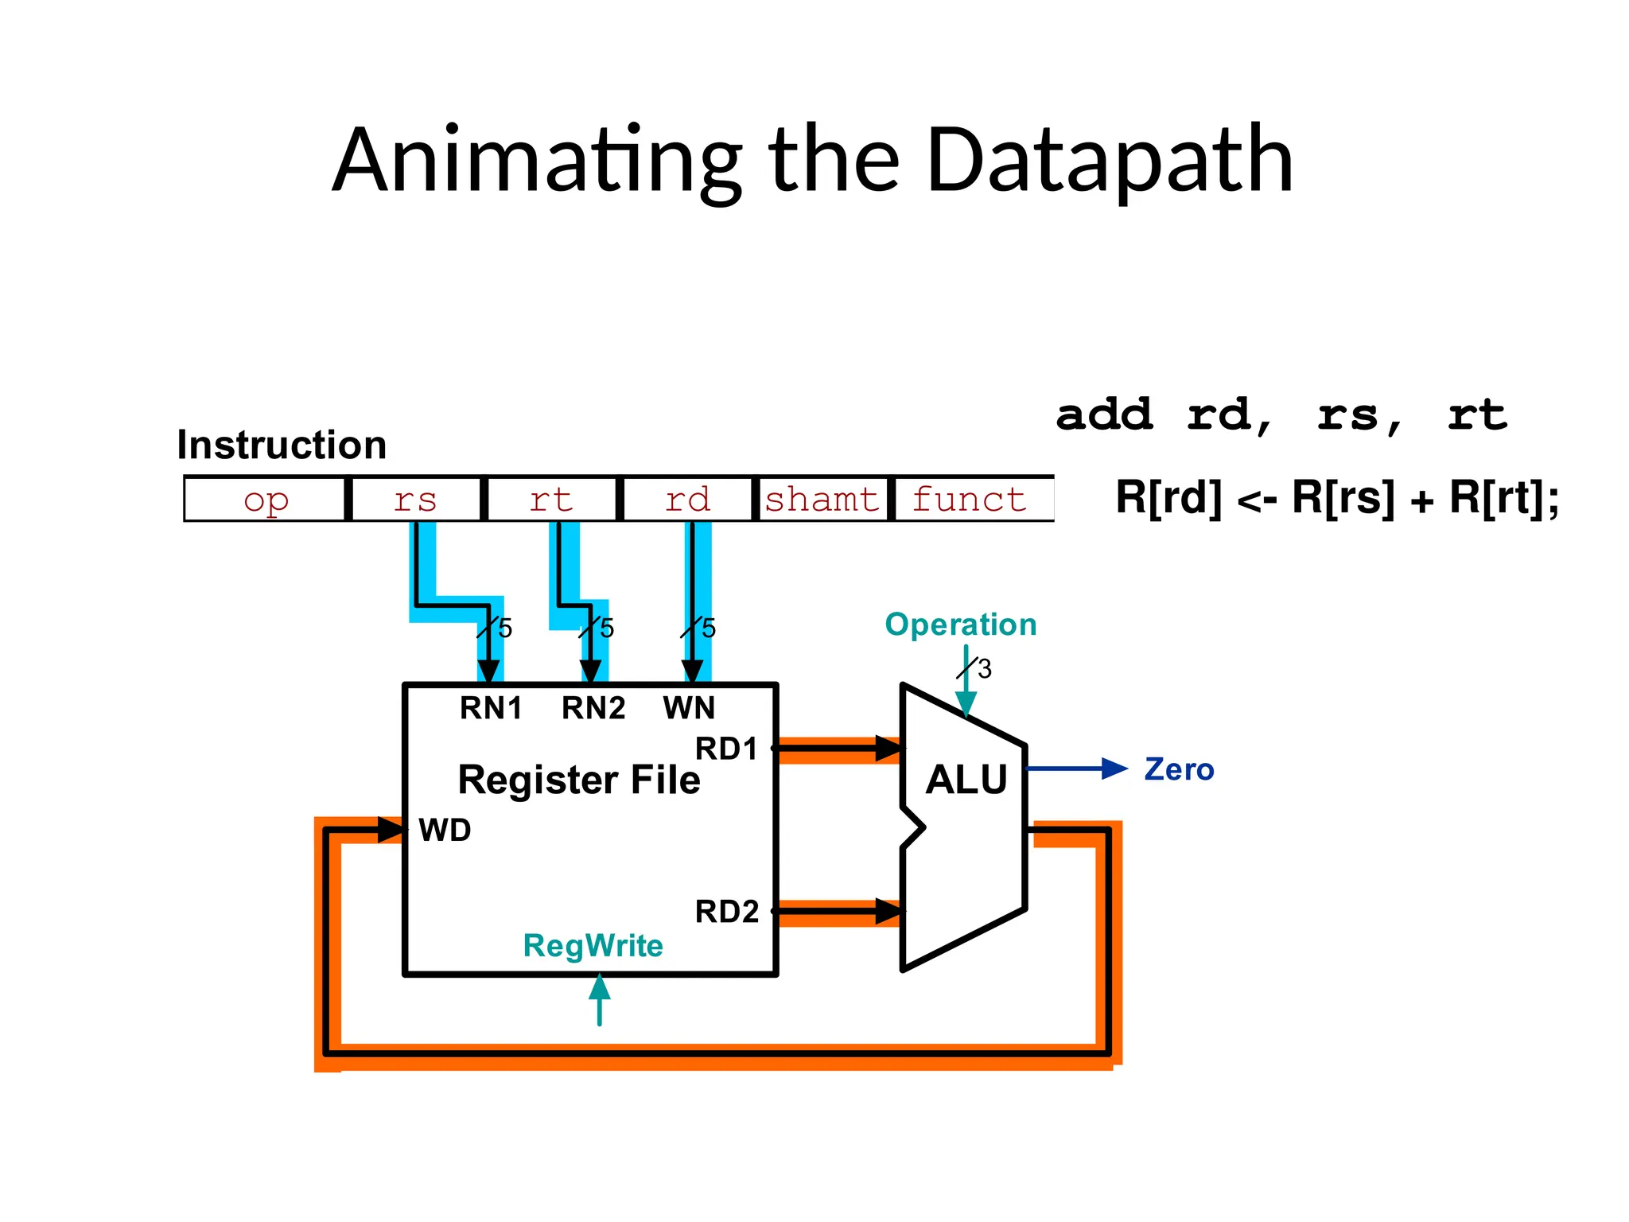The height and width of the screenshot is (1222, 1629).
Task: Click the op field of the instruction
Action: (x=266, y=500)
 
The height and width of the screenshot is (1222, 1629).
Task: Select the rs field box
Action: (x=415, y=500)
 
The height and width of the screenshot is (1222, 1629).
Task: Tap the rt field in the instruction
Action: (x=551, y=500)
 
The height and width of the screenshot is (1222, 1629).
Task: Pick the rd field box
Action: (x=687, y=500)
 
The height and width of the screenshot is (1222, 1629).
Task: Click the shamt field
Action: (x=822, y=500)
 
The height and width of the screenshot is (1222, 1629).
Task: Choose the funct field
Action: (x=969, y=500)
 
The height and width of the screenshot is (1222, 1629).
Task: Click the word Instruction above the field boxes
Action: (x=282, y=445)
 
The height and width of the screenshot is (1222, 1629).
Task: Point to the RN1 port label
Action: (x=491, y=707)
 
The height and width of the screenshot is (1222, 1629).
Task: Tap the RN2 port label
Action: (x=593, y=707)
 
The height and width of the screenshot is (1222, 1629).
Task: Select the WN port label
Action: (x=689, y=707)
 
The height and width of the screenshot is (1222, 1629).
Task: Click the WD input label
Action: (x=445, y=830)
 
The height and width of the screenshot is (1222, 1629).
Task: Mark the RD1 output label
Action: (x=726, y=749)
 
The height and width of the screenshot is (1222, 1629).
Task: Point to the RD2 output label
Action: (x=726, y=911)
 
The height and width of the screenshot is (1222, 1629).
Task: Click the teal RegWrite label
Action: (x=593, y=945)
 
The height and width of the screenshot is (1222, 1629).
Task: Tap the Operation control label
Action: (x=960, y=625)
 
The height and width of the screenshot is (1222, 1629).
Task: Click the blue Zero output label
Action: (x=1179, y=769)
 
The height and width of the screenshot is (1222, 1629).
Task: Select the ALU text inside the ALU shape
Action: (x=966, y=779)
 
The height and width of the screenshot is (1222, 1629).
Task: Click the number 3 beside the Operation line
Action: (x=985, y=669)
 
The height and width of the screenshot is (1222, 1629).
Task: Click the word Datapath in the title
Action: (x=1109, y=160)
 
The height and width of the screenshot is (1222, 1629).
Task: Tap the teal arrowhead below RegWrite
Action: (x=600, y=988)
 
